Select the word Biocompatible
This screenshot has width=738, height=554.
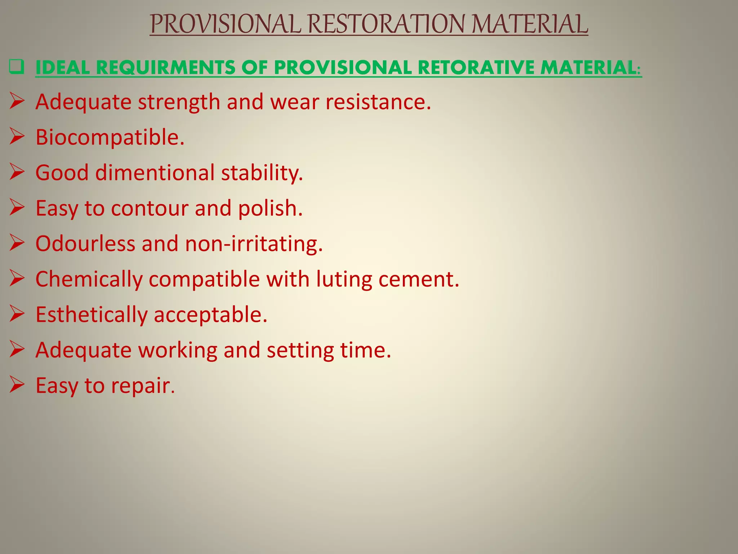110,137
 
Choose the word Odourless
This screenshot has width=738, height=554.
85,243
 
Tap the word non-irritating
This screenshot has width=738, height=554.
254,243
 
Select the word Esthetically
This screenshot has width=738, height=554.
92,315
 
